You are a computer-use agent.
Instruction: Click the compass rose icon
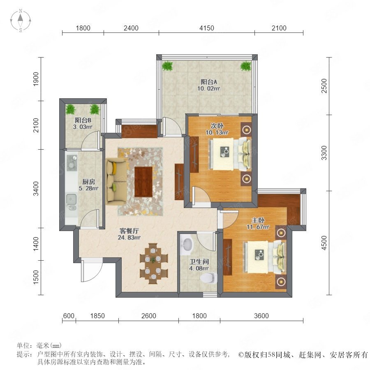pos(21,21)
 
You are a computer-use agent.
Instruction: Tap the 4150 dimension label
pos(206,28)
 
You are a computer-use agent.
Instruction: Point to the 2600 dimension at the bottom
pos(149,316)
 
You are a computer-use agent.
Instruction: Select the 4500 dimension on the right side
pos(324,243)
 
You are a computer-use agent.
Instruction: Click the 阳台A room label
pos(209,82)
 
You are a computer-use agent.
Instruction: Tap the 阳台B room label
pos(83,120)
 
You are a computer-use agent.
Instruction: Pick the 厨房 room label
pos(89,182)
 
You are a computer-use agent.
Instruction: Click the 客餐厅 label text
pos(129,231)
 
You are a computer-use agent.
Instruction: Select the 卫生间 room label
pos(199,261)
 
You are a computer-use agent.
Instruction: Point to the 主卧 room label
pos(258,220)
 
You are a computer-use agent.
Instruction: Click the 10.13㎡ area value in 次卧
pos(217,133)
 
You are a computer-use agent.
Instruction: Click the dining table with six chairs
pos(154,264)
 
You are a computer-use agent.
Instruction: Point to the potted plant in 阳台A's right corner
pos(246,66)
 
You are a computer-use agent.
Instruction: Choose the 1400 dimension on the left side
pos(36,244)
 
